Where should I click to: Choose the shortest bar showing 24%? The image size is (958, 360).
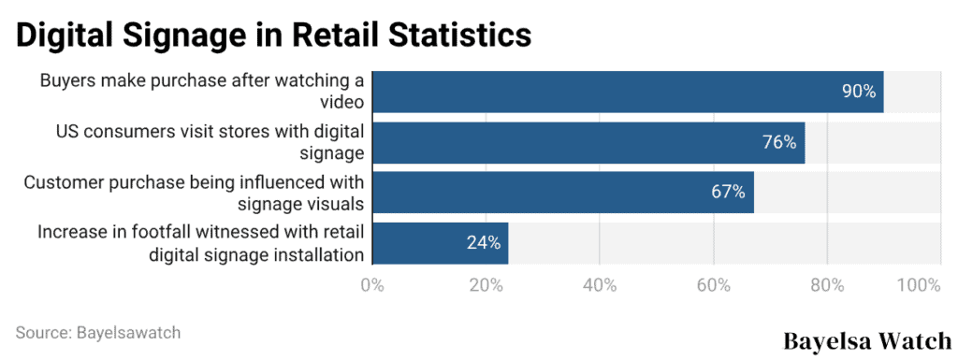[x=440, y=243]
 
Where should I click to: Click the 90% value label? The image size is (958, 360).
[x=859, y=92]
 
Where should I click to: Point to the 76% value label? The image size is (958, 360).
[x=778, y=142]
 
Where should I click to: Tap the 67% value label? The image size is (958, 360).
[x=727, y=193]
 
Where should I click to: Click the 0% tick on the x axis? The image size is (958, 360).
[x=372, y=284]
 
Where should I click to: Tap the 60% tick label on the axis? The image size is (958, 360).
[x=714, y=284]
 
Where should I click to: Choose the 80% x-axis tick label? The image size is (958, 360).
[x=827, y=284]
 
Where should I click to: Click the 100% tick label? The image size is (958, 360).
[x=918, y=284]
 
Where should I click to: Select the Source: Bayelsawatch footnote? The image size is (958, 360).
[x=98, y=332]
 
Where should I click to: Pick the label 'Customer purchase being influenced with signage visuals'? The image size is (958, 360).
[x=194, y=193]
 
